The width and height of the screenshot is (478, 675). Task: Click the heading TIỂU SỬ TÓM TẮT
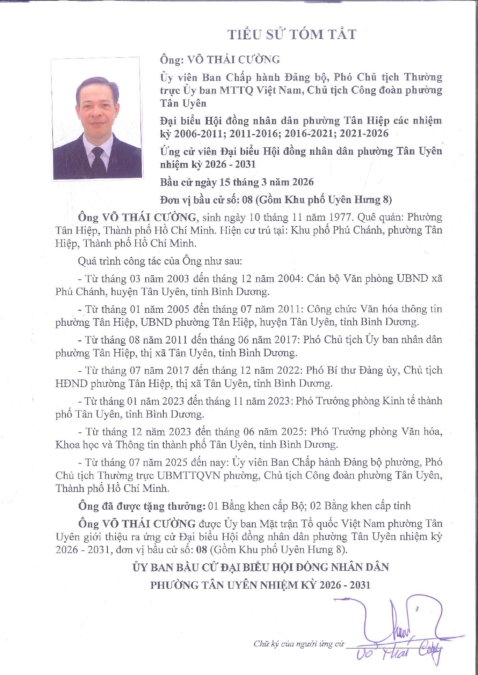tap(292, 35)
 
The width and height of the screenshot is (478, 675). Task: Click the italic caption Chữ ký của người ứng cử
tap(299, 644)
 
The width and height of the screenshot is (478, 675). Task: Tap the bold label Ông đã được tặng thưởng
tap(141, 506)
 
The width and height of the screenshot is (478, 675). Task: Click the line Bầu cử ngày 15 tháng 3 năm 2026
tap(237, 182)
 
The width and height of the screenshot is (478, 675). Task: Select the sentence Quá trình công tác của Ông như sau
tap(160, 261)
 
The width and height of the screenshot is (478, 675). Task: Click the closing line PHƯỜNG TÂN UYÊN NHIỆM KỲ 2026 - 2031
tap(260, 585)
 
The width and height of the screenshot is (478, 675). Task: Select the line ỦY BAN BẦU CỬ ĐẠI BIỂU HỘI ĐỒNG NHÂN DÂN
tap(260, 567)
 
